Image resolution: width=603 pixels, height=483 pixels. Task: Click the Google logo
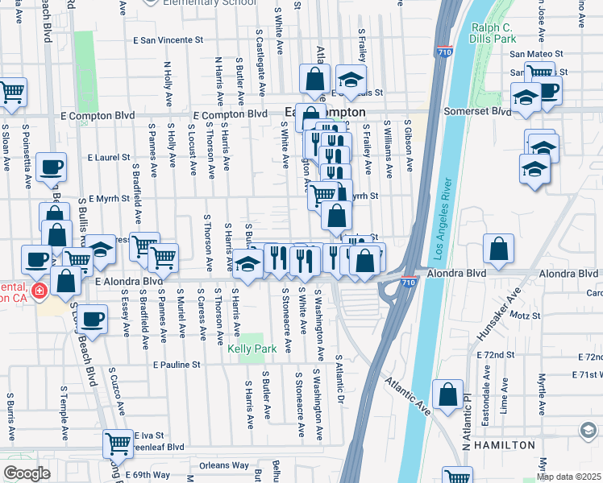coord(27,473)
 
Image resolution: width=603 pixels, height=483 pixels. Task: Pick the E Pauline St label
coord(177,365)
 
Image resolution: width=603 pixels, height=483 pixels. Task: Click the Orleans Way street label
coord(224,464)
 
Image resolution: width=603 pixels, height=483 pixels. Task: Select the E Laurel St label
coord(109,157)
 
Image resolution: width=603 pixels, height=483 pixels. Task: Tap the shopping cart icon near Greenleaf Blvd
coord(119,444)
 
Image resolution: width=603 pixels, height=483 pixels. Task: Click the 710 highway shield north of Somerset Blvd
coord(443,51)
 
